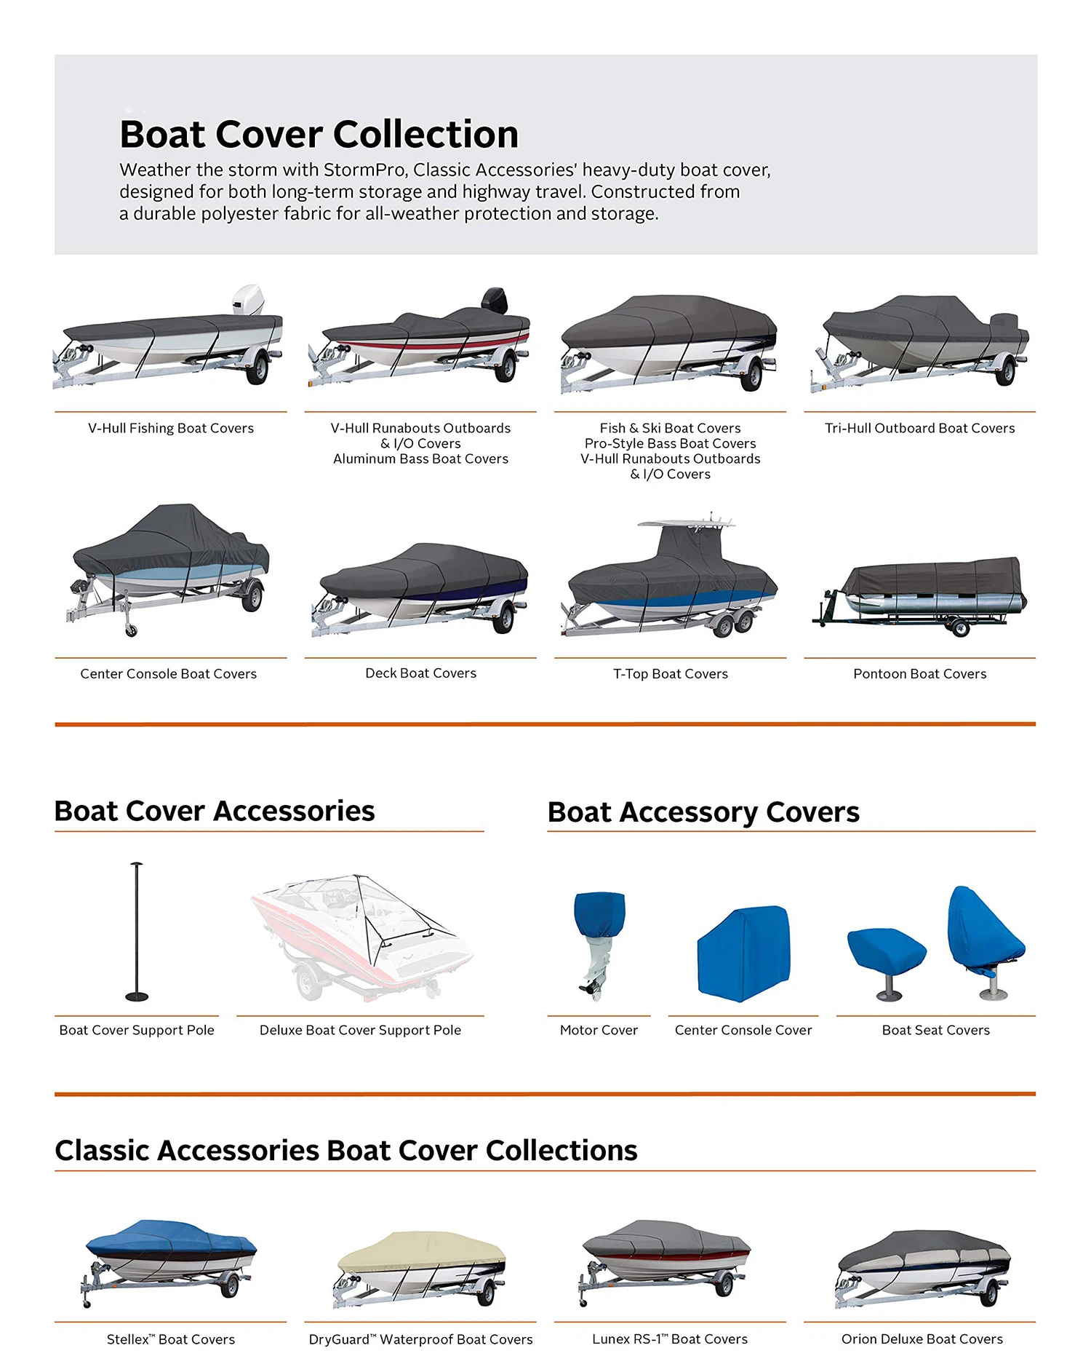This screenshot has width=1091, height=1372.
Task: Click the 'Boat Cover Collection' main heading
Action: point(319,134)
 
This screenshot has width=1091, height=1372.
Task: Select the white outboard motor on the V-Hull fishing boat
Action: point(247,299)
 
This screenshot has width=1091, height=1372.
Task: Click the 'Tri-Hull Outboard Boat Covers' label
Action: point(919,428)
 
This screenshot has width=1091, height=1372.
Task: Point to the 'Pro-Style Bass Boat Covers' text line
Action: point(670,443)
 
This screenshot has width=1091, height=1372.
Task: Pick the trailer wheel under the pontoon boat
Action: point(960,627)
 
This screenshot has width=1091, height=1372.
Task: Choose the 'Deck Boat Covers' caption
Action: point(420,673)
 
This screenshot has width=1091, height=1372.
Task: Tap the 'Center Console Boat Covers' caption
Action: point(168,674)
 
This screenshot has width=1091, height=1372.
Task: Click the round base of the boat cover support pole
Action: point(137,996)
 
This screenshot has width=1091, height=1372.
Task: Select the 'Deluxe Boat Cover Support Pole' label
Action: point(360,1030)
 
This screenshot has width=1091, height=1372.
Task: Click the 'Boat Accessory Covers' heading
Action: point(703,812)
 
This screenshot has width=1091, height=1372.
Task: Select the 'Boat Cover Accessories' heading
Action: point(215,811)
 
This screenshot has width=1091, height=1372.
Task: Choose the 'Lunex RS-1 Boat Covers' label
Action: point(669,1339)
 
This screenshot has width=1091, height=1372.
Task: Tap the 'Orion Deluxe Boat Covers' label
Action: point(922,1339)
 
